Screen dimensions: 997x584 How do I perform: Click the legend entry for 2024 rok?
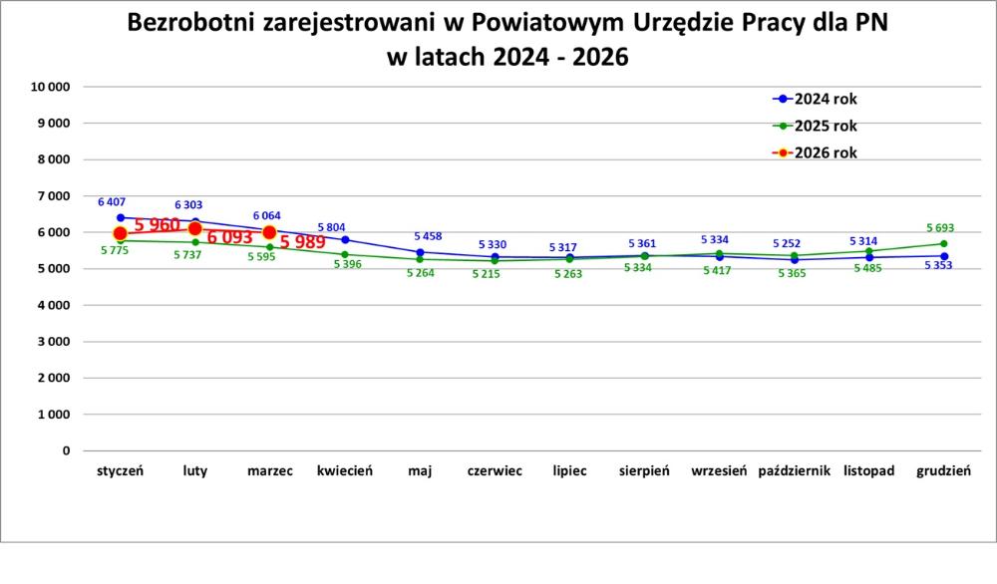pos(815,99)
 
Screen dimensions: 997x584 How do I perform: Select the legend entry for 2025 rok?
pos(815,126)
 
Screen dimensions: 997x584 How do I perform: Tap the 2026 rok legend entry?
pos(815,152)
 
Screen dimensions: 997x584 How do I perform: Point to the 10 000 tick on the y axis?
pos(50,87)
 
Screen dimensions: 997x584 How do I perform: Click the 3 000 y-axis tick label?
pos(54,341)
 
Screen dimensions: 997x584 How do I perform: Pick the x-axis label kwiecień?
pos(345,470)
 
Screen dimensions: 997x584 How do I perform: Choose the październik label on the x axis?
pos(795,470)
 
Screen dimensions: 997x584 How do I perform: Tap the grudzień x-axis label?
pos(943,470)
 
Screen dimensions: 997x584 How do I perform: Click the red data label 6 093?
pos(230,237)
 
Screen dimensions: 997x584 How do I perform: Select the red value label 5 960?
pos(158,224)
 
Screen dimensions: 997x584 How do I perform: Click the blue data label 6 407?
pos(112,202)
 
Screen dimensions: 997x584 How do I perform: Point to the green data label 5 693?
pos(940,228)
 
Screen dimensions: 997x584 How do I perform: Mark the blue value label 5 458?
pos(428,236)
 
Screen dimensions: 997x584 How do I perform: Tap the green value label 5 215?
pos(486,274)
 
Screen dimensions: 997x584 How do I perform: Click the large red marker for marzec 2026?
pos(269,232)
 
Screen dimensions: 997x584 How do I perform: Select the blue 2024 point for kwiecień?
pos(345,239)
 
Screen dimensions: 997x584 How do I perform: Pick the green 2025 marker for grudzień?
pos(943,244)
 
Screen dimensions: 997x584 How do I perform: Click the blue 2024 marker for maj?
pos(420,252)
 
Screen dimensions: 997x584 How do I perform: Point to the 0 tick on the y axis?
pos(66,450)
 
